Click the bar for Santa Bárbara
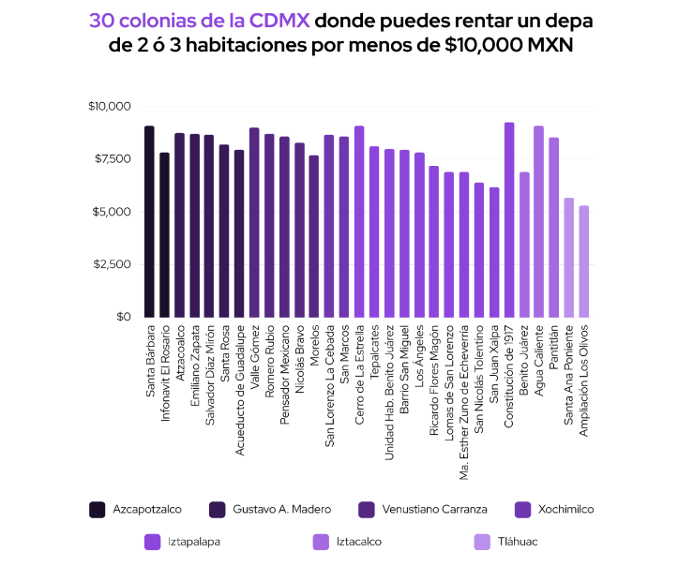pos(149,222)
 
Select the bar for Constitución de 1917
pos(509,220)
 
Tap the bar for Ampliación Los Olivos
pos(584,261)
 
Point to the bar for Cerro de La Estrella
pos(359,222)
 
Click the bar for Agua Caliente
pos(539,222)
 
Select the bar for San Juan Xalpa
pos(494,252)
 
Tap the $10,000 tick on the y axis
pos(110,107)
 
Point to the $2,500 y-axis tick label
pos(113,264)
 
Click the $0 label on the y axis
pos(124,317)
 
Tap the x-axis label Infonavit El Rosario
pos(165,370)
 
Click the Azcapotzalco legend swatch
pos(97,510)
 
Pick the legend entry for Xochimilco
pos(565,510)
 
